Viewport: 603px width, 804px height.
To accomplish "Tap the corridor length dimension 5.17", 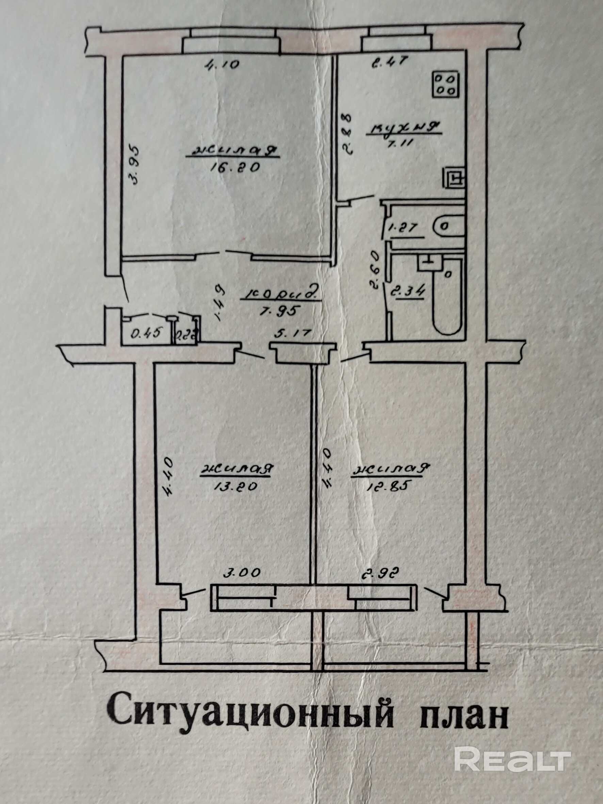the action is pos(297,333).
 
